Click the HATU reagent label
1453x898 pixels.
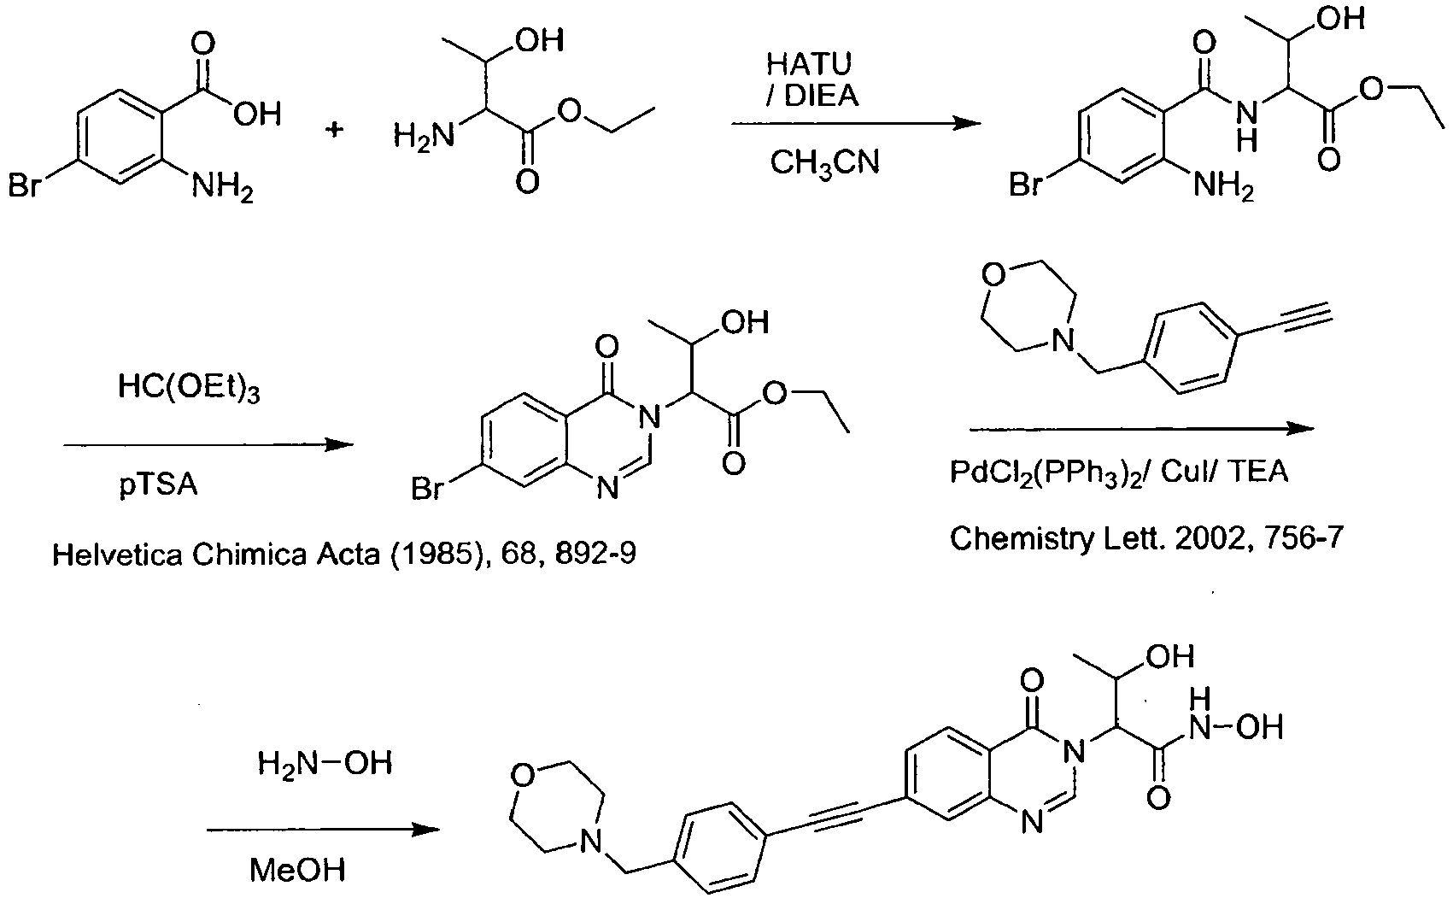pyautogui.click(x=809, y=63)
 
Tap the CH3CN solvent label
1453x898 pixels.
pyautogui.click(x=824, y=162)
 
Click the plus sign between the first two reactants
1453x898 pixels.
pyautogui.click(x=335, y=130)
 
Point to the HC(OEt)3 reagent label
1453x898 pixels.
pyautogui.click(x=189, y=388)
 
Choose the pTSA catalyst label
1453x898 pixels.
pyautogui.click(x=158, y=484)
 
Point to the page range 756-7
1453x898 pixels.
pyautogui.click(x=1295, y=538)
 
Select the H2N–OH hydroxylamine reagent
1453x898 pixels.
pyautogui.click(x=325, y=764)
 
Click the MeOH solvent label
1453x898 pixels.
pyautogui.click(x=297, y=870)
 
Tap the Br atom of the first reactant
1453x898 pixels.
pyautogui.click(x=25, y=185)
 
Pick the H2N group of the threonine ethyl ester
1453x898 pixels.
pyautogui.click(x=424, y=138)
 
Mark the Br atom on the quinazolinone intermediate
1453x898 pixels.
pyautogui.click(x=427, y=490)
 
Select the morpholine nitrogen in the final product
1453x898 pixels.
pyautogui.click(x=589, y=842)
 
